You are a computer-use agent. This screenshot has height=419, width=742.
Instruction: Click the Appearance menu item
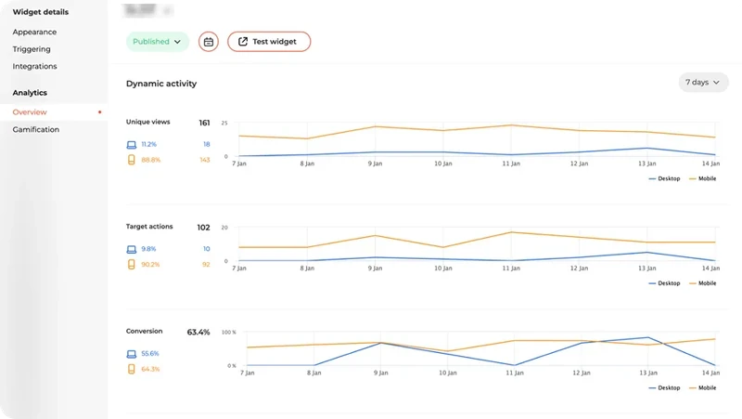click(34, 32)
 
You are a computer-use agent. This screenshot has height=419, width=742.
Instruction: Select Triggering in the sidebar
click(32, 49)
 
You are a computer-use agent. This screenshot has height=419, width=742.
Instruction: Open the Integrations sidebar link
click(34, 67)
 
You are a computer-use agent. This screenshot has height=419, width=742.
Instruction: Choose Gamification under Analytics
click(35, 130)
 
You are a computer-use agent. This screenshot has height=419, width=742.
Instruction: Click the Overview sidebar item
click(30, 112)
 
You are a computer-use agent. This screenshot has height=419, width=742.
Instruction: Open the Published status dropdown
click(157, 42)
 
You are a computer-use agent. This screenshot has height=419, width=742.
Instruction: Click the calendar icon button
click(209, 42)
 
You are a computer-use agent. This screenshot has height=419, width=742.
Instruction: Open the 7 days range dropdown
click(702, 83)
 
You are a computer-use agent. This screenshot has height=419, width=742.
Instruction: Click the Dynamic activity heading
click(161, 84)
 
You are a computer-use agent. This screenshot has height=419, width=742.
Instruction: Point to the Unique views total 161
click(204, 123)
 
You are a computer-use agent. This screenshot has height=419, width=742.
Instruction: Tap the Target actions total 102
click(204, 228)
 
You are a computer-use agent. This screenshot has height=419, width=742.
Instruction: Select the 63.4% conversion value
click(198, 332)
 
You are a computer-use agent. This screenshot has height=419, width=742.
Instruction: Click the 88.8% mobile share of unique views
click(151, 160)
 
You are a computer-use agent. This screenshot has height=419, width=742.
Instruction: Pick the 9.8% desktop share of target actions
click(149, 249)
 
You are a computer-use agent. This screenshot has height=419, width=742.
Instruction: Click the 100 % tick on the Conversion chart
click(228, 333)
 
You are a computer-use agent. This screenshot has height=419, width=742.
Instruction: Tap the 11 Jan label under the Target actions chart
click(510, 268)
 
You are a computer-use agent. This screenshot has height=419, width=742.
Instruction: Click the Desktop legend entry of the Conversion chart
click(668, 387)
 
